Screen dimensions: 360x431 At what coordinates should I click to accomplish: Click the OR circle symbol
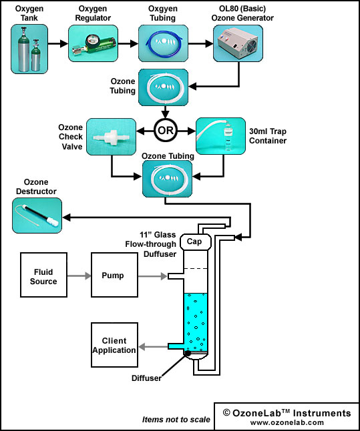[166, 130]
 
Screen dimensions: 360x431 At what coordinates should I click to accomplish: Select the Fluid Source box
[43, 275]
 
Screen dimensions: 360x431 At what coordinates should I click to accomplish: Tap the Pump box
[114, 275]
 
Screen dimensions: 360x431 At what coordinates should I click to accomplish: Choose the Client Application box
[114, 345]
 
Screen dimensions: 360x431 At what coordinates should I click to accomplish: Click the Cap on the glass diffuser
[196, 242]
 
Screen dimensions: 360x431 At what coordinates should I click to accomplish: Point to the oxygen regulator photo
[93, 43]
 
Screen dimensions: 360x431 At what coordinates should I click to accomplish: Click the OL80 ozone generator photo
[238, 43]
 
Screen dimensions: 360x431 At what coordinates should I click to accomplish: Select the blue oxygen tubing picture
[163, 43]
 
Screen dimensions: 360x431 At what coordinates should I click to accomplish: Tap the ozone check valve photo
[111, 137]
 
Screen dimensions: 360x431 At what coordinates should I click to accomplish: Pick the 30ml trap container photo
[220, 136]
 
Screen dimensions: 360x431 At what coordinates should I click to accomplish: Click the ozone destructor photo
[37, 215]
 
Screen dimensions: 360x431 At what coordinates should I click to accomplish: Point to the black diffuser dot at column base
[187, 353]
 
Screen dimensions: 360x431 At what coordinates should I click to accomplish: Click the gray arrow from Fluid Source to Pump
[79, 276]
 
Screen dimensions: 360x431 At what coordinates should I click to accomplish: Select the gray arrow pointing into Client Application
[153, 347]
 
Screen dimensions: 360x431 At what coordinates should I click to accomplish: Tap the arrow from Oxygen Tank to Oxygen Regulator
[58, 43]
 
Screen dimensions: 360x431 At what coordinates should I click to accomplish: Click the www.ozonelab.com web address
[287, 422]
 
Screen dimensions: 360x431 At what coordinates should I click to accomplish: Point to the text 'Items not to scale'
[176, 420]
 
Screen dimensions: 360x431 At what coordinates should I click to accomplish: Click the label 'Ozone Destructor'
[36, 187]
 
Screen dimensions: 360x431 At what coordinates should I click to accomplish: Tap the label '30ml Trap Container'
[268, 136]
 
